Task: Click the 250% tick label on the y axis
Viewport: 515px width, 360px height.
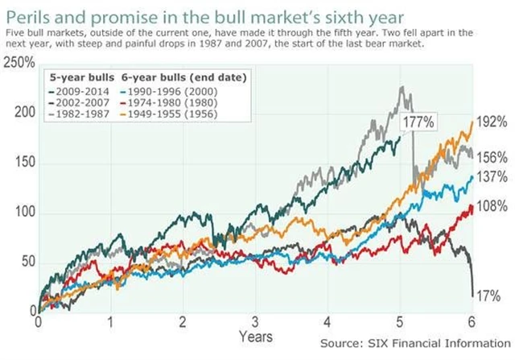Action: pos(18,64)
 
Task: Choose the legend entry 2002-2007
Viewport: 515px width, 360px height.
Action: pos(81,102)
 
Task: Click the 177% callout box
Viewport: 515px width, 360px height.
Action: pos(419,122)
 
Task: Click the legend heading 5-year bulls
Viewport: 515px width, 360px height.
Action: pos(76,78)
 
